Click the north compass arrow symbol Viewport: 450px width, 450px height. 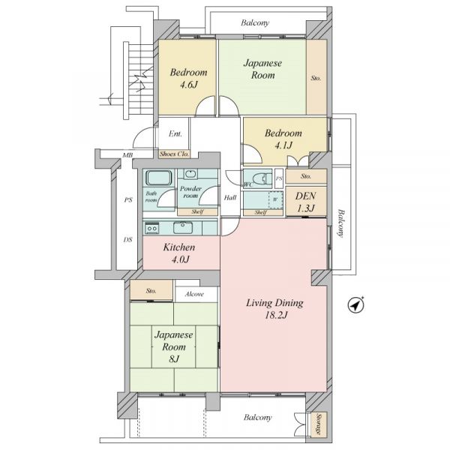355,304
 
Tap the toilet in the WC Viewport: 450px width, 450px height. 262,178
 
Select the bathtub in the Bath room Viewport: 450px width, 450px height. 159,178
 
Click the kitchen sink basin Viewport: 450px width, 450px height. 183,228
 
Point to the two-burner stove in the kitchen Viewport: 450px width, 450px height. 151,228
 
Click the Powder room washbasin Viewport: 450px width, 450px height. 190,174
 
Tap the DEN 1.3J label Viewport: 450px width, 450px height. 306,202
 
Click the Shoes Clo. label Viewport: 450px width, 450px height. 174,154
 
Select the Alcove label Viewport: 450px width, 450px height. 194,294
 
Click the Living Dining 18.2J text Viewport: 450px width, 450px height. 274,309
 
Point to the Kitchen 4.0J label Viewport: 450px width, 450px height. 179,253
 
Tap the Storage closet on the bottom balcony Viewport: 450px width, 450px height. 319,424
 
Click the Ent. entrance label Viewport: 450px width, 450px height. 175,133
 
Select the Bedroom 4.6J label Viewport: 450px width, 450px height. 188,78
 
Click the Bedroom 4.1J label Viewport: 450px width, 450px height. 283,139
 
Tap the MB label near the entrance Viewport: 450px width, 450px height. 127,155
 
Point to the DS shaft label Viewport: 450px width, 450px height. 127,239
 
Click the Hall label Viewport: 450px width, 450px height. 230,197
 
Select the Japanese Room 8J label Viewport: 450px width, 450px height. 174,346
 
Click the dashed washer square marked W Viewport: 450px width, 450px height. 276,199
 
